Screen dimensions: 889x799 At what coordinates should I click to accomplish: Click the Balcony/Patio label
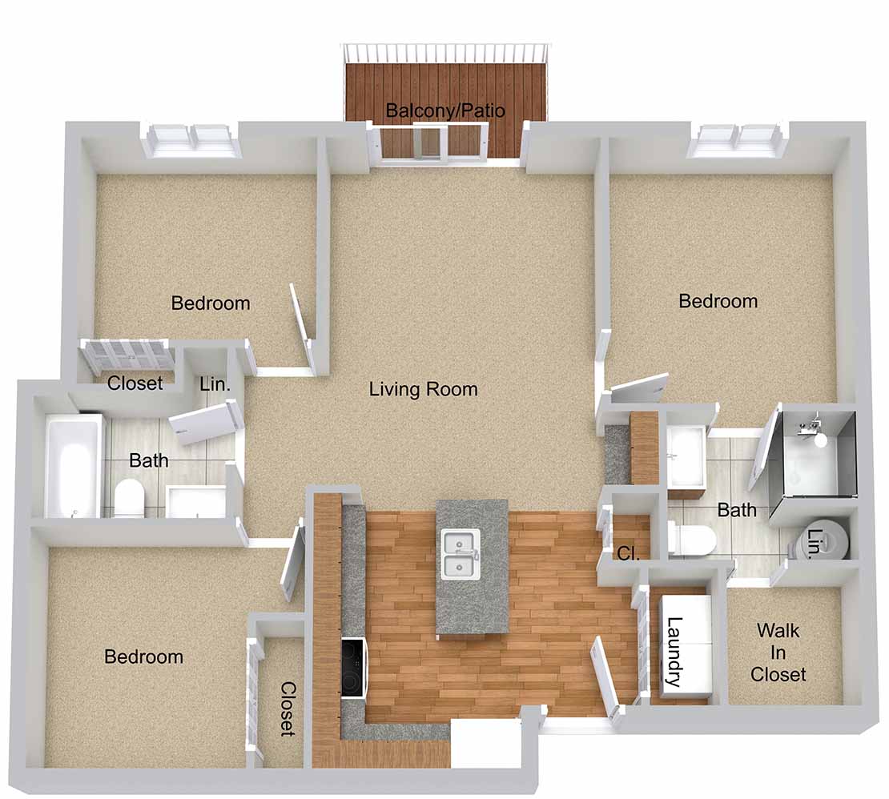[445, 110]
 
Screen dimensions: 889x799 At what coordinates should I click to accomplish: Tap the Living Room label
[424, 389]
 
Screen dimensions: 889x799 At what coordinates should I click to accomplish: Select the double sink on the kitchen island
[461, 554]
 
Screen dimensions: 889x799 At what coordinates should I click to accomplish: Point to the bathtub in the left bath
[73, 466]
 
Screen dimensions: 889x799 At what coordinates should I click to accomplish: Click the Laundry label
[674, 652]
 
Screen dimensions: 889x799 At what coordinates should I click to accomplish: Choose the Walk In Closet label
[778, 652]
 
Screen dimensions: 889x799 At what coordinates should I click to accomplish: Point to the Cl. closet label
[628, 552]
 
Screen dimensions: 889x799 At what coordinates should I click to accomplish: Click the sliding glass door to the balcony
[433, 144]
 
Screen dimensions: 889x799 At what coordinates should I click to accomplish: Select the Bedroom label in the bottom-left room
[143, 656]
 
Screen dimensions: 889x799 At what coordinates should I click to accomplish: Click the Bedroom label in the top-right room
[718, 301]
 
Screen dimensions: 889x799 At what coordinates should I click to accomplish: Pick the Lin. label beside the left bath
[215, 384]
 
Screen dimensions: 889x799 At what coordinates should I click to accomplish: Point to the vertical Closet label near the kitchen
[288, 709]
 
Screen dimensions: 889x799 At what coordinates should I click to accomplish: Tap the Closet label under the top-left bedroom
[135, 383]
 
